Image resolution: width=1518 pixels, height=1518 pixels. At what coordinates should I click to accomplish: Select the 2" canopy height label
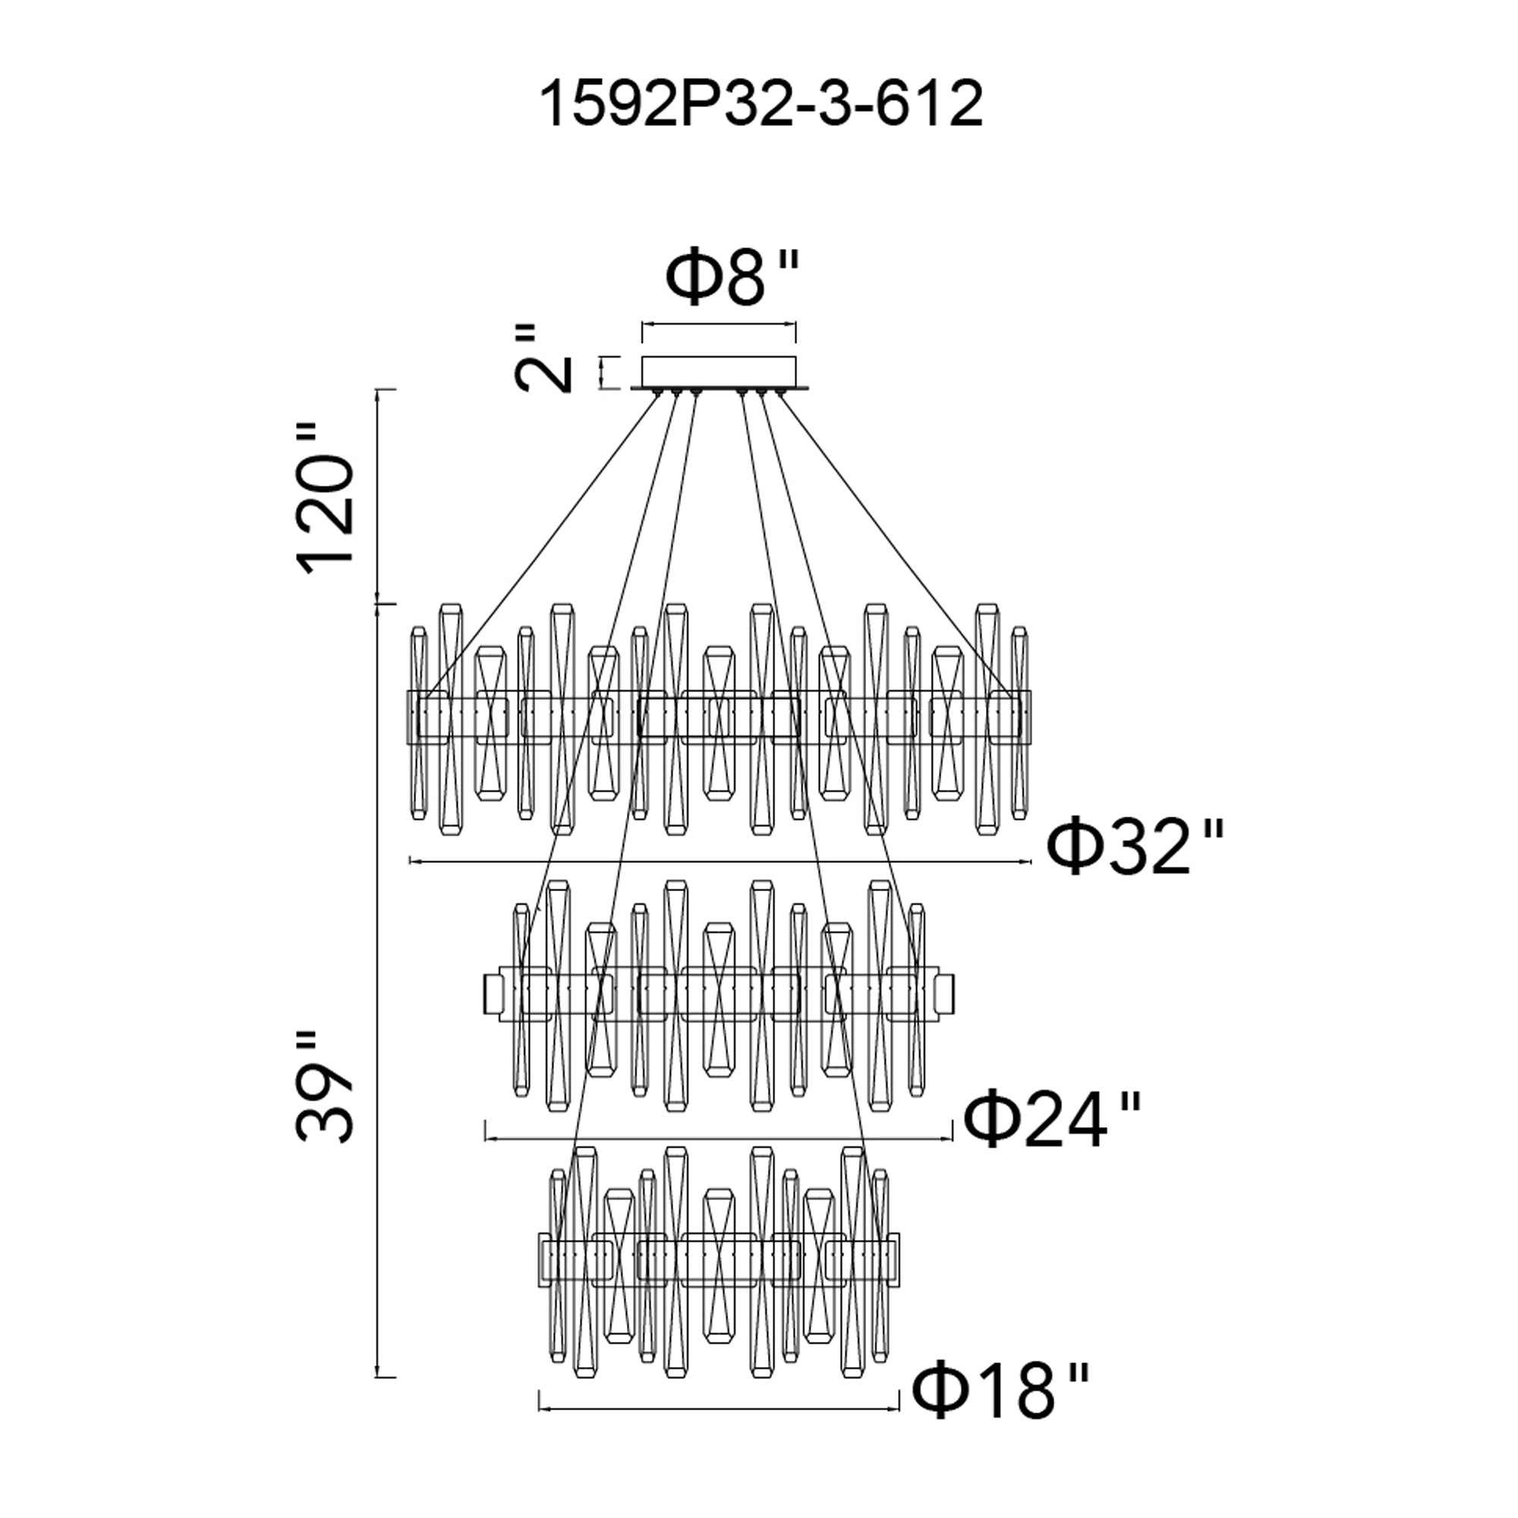click(542, 357)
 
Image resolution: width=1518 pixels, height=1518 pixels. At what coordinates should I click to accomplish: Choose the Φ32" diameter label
click(1135, 848)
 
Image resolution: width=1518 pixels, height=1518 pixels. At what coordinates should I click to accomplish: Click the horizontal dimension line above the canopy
click(719, 322)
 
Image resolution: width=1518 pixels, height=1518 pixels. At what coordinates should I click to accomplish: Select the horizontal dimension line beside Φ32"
click(720, 862)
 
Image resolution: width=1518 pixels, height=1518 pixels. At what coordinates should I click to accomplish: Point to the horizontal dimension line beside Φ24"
click(719, 1138)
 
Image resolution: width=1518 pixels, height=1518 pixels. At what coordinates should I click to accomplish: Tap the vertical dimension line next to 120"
click(382, 496)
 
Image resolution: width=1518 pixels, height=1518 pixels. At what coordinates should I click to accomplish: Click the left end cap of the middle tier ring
click(494, 994)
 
